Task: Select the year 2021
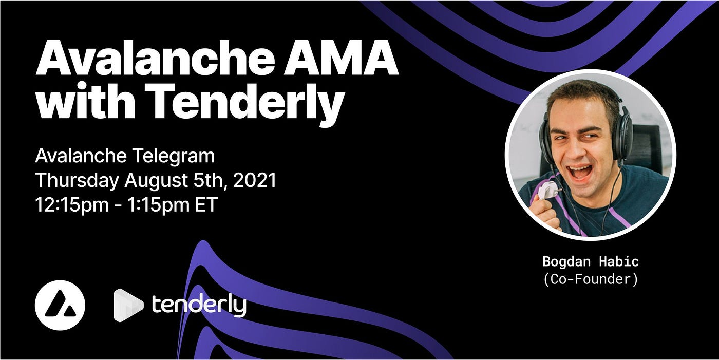pyautogui.click(x=255, y=181)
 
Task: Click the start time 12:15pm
pyautogui.click(x=72, y=205)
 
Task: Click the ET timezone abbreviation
pyautogui.click(x=206, y=205)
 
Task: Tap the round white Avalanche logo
pyautogui.click(x=60, y=305)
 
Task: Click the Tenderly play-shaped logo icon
pyautogui.click(x=128, y=305)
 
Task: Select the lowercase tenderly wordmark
pyautogui.click(x=199, y=305)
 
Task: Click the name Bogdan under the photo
pyautogui.click(x=566, y=262)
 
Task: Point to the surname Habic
pyautogui.click(x=619, y=261)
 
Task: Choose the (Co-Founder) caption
pyautogui.click(x=591, y=279)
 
